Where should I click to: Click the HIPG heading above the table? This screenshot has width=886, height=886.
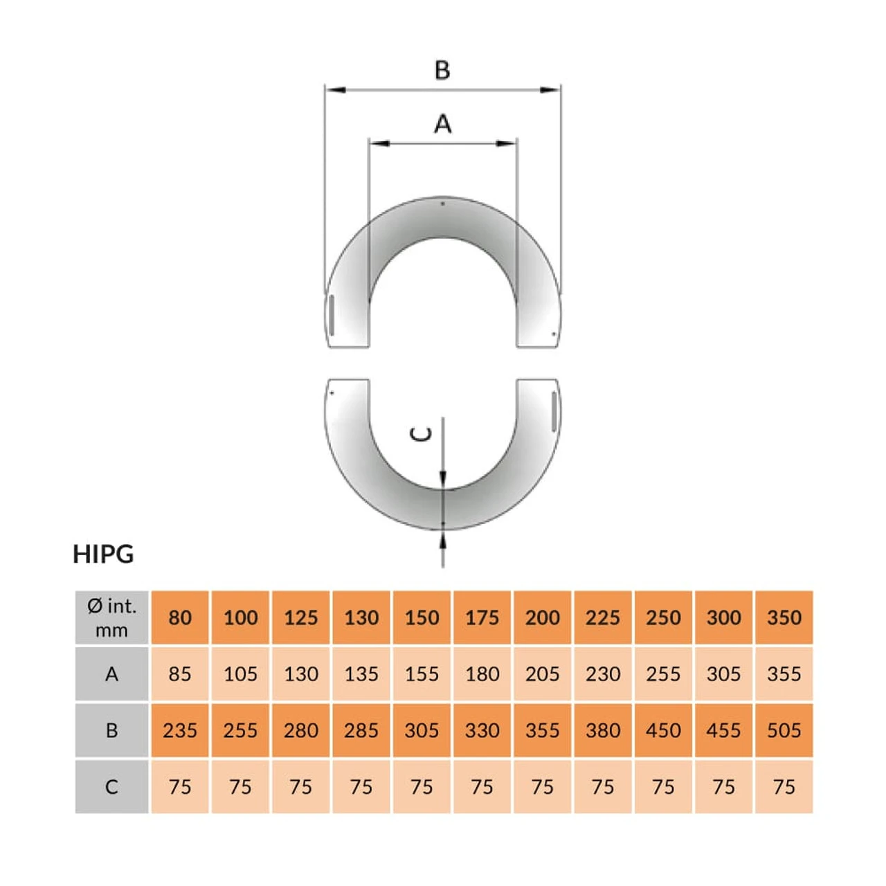coord(103,554)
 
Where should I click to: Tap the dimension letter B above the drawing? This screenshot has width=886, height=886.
coord(442,71)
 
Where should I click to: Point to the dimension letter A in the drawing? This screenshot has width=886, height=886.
coord(442,125)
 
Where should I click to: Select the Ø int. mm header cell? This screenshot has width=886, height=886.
coord(111,617)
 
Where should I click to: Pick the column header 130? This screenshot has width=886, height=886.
coord(361,617)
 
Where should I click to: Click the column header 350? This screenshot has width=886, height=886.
coord(784,617)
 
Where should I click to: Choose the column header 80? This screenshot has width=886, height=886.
coord(180,617)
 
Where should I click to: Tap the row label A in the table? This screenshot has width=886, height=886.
coord(111,674)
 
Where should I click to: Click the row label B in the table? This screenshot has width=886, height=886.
coord(111,730)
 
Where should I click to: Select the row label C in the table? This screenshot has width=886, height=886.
coord(111,787)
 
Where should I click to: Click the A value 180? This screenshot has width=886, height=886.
coord(482,674)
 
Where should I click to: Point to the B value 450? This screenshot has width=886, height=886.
coord(663,730)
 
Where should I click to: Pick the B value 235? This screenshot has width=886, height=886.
coord(180,730)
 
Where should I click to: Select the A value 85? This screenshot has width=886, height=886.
coord(180,674)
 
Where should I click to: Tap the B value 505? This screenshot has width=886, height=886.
coord(784,730)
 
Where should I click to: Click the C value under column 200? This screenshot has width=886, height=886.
coord(542,787)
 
